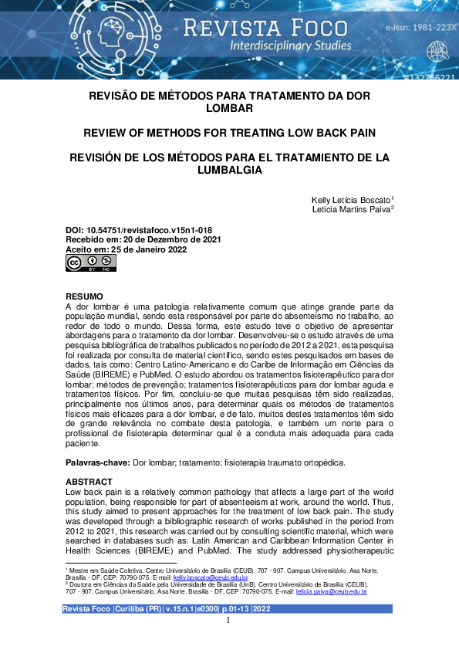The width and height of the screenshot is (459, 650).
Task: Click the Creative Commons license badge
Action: [x=90, y=264]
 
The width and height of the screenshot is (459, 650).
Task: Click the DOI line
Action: [x=139, y=230]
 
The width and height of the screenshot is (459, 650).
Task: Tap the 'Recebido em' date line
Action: [x=143, y=240]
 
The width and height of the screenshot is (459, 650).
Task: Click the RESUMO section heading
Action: [x=84, y=296]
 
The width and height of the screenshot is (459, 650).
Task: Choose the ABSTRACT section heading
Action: [x=89, y=482]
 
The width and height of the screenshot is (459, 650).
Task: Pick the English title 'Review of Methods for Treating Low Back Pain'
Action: [x=229, y=133]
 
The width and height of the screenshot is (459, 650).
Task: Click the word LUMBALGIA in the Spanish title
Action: [x=230, y=170]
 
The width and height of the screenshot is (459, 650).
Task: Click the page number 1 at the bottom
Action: [x=229, y=620]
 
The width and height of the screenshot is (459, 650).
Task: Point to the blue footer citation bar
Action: [x=229, y=609]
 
